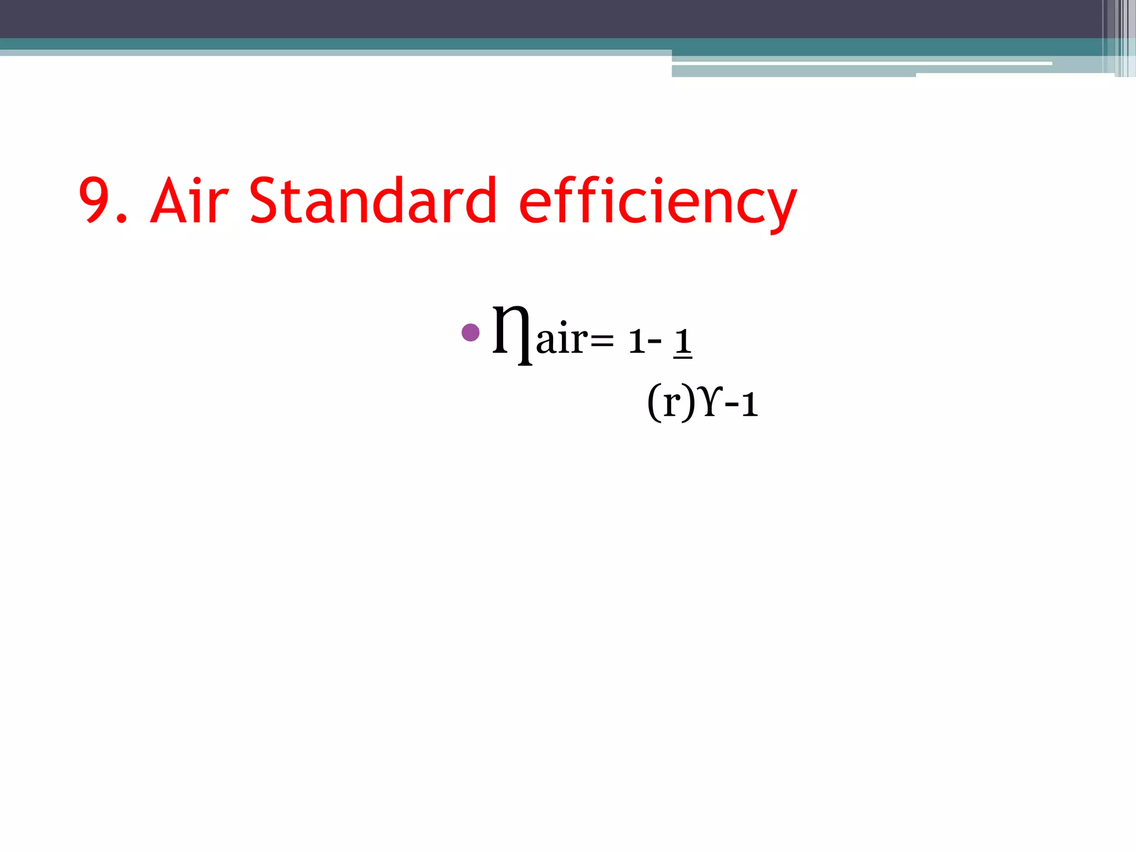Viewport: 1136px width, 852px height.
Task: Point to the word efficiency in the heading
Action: click(657, 203)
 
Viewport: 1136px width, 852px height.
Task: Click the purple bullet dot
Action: click(470, 333)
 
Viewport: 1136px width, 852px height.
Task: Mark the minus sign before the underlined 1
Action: click(655, 340)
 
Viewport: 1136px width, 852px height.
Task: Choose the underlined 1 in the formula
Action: click(683, 342)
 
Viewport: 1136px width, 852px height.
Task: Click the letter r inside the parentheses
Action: click(672, 403)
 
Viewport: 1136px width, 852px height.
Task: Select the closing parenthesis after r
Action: click(688, 403)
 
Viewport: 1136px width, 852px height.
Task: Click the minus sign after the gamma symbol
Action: click(732, 405)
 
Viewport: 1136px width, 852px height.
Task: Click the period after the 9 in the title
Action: click(122, 220)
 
